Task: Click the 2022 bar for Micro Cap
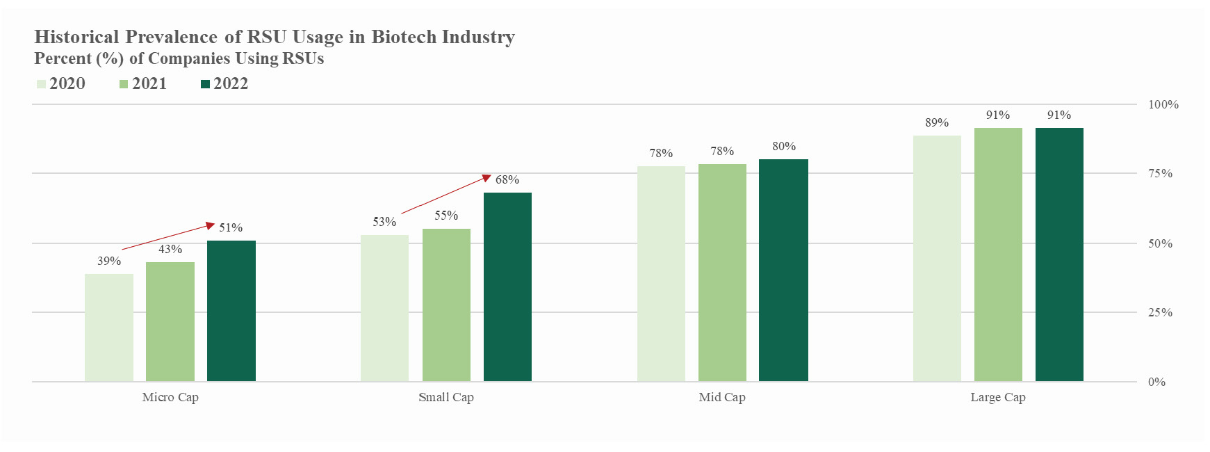[231, 311]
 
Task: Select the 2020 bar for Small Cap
[384, 308]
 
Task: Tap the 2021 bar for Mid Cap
[722, 273]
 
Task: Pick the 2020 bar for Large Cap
[936, 258]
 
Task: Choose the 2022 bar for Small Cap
[507, 286]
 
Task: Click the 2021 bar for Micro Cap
[170, 321]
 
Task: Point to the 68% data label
[507, 179]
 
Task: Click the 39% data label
[109, 261]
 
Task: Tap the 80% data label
[783, 146]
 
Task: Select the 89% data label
[936, 122]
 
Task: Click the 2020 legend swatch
[41, 84]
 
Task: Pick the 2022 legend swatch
[205, 84]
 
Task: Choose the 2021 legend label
[149, 83]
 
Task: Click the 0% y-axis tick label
[1156, 382]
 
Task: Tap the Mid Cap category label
[722, 397]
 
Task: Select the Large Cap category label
[997, 397]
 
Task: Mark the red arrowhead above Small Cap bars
[487, 177]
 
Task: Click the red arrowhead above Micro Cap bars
[210, 225]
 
